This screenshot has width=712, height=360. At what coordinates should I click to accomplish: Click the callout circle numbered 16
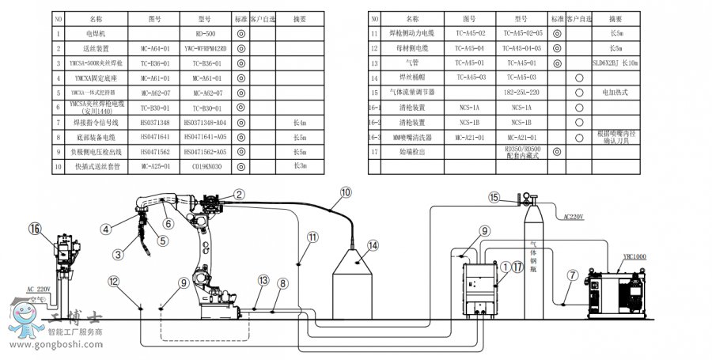pyautogui.click(x=34, y=229)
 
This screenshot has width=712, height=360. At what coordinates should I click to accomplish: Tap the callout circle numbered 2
pyautogui.click(x=239, y=194)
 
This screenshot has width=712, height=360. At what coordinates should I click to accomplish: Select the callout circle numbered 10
pyautogui.click(x=345, y=191)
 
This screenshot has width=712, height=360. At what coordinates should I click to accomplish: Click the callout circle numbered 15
pyautogui.click(x=494, y=197)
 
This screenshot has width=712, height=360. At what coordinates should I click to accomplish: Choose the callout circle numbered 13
pyautogui.click(x=263, y=280)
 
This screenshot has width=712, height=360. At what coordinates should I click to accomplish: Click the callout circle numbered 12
pyautogui.click(x=114, y=281)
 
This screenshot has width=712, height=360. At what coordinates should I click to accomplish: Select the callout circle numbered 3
pyautogui.click(x=118, y=254)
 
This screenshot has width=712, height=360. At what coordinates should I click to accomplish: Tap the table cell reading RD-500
pyautogui.click(x=205, y=34)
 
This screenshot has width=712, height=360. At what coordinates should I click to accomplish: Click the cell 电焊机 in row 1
pyautogui.click(x=96, y=34)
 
